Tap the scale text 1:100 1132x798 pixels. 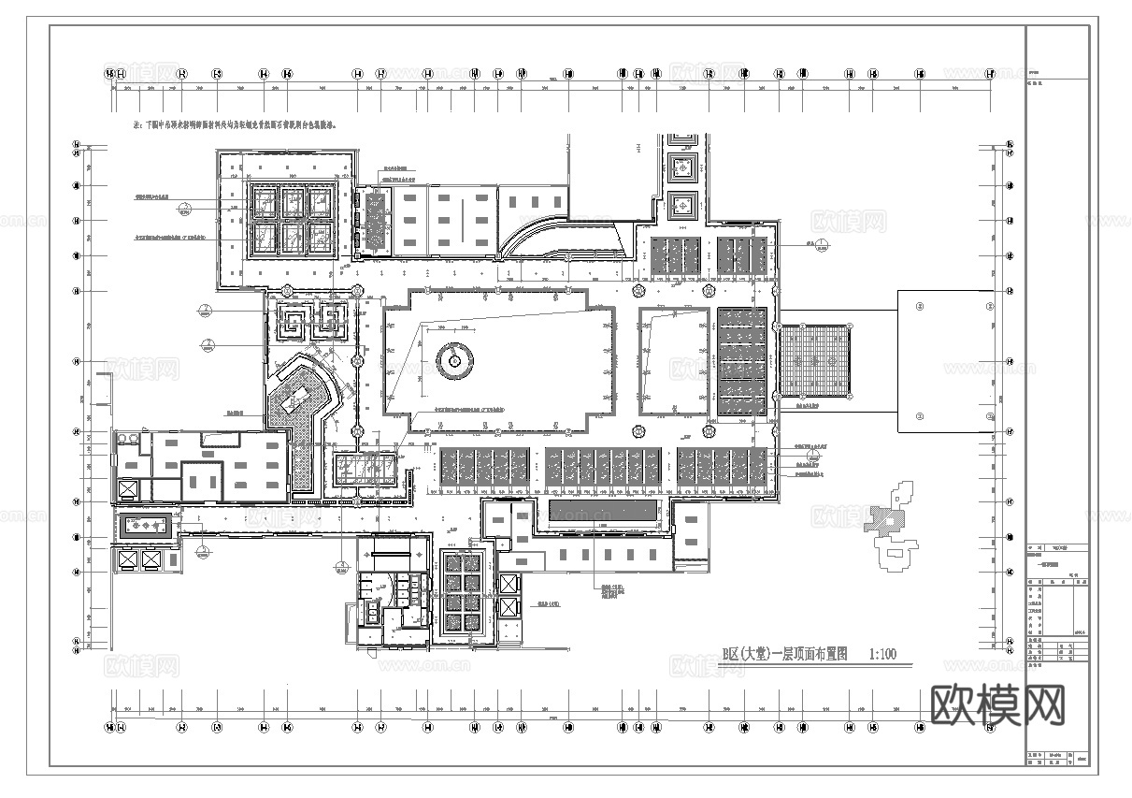coord(881,654)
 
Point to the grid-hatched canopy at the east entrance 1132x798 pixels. coord(816,359)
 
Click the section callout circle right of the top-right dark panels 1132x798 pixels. coord(820,246)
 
